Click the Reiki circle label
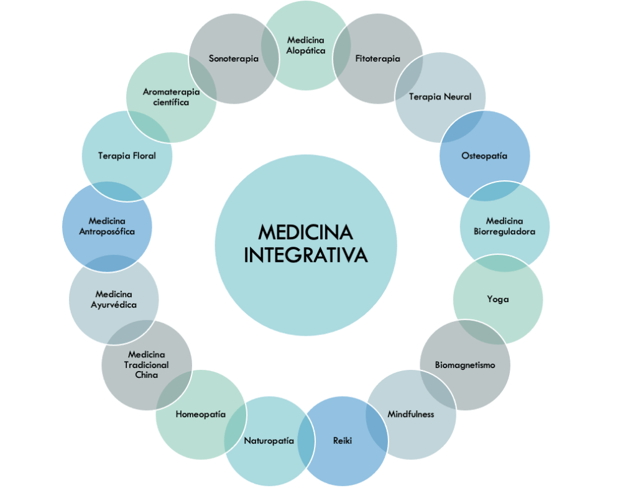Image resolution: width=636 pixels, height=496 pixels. (343, 441)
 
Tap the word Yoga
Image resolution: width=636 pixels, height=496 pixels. (498, 300)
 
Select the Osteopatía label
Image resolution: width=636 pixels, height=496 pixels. (484, 155)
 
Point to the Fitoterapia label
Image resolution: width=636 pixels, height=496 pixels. (377, 59)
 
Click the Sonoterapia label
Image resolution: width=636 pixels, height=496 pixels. (234, 59)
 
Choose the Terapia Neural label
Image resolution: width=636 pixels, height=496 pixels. (440, 96)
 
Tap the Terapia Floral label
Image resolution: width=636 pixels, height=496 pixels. (127, 155)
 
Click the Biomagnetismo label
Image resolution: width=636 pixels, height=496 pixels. (465, 365)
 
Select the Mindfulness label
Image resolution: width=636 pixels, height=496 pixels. (411, 414)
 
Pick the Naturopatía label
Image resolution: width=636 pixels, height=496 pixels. (269, 441)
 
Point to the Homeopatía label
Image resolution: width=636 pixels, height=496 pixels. (200, 414)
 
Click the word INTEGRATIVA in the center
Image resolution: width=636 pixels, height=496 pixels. (305, 255)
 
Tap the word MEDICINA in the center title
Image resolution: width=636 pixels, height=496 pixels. (305, 233)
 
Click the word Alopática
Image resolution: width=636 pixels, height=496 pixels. (306, 50)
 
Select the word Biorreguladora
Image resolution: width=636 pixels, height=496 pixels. (505, 231)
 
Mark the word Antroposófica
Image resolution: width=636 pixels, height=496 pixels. (107, 231)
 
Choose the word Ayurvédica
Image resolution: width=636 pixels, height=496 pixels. (114, 305)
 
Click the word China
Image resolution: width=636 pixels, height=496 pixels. (146, 375)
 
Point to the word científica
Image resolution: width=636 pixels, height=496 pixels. (171, 102)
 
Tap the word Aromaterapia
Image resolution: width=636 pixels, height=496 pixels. (171, 92)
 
